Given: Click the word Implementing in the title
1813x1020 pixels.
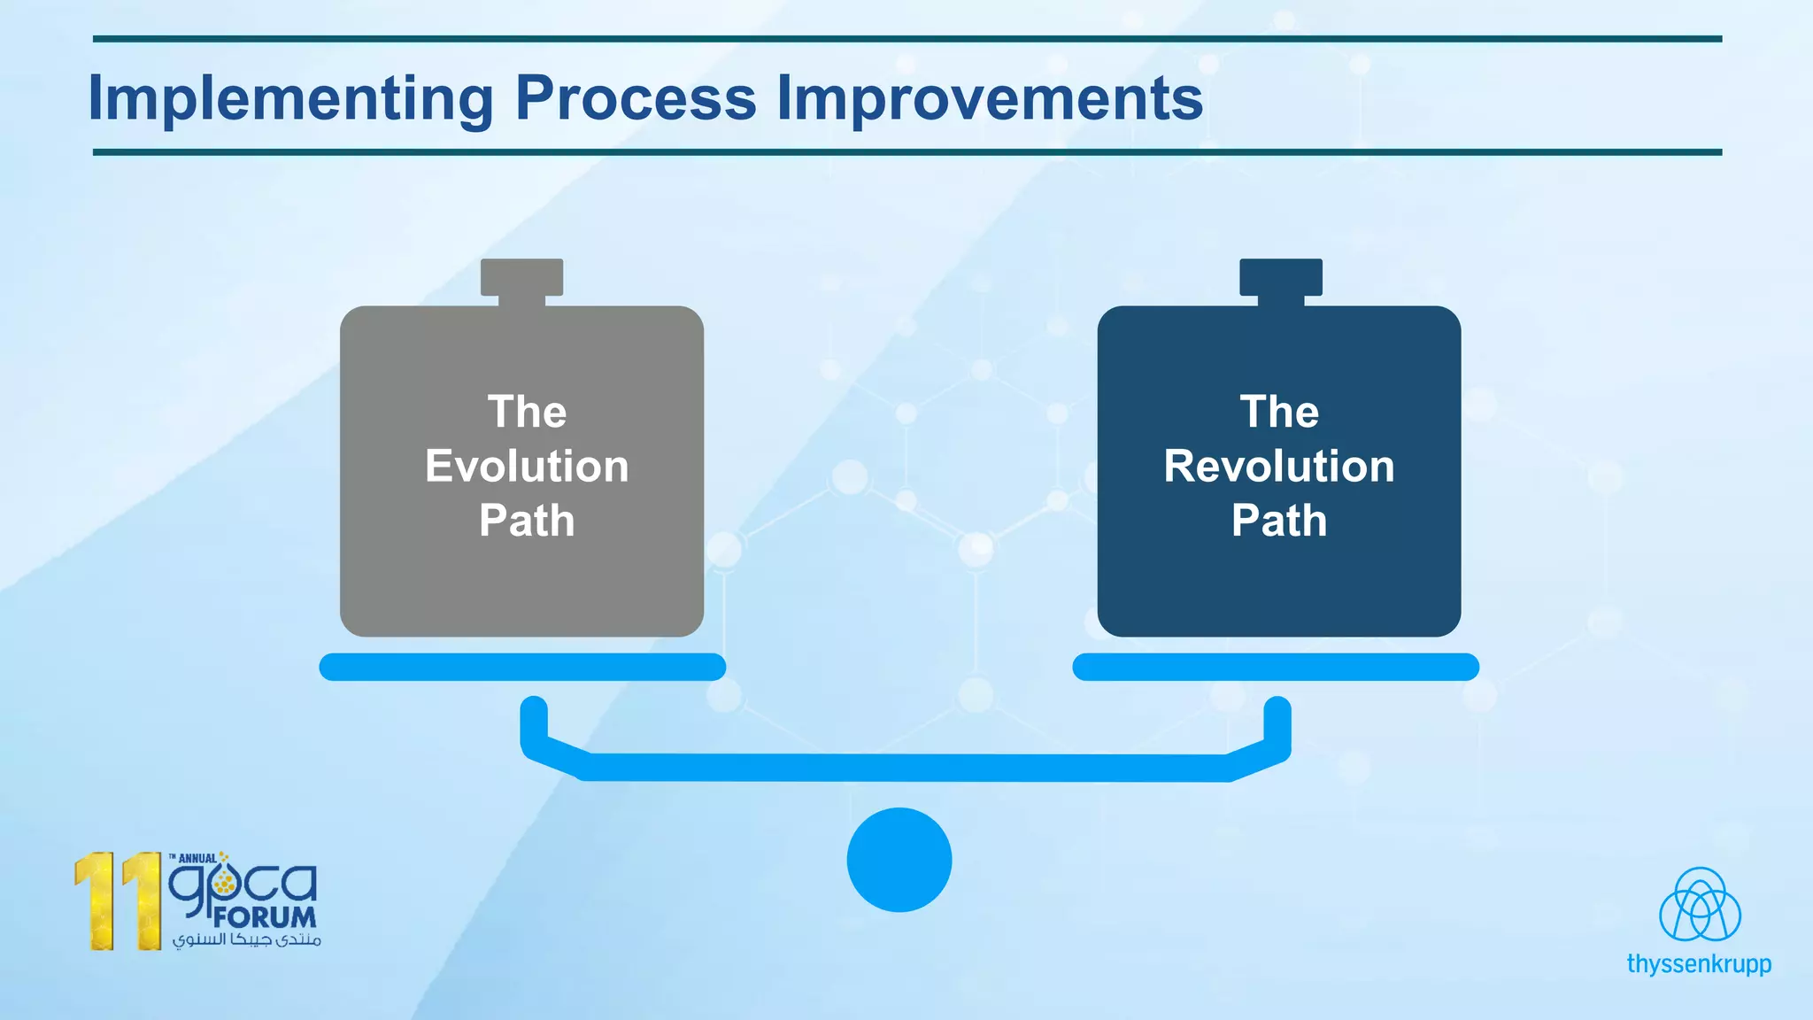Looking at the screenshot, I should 290,99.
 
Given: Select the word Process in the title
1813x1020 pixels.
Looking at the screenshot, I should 635,97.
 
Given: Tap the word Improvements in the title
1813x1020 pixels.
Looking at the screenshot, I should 989,99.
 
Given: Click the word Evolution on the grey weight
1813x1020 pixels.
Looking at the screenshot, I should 527,467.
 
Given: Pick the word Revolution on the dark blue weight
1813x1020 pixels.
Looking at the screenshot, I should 1278,467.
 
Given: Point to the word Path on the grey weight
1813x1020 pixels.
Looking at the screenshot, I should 527,521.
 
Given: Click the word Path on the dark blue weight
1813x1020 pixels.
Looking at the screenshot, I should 1278,521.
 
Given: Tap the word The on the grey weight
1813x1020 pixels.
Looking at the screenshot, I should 527,412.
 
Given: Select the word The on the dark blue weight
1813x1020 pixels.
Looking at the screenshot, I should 1278,412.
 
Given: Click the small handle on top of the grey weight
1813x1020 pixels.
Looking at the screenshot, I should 521,278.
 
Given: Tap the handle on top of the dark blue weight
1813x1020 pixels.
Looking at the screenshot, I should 1280,278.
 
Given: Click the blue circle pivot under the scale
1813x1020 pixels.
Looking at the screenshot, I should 899,860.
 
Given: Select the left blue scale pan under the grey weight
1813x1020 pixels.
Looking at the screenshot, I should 522,667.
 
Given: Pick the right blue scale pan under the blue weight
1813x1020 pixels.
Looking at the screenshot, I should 1275,667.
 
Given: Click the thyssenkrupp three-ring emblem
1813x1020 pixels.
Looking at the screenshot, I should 1699,905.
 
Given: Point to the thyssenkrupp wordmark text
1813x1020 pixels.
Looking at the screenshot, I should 1699,963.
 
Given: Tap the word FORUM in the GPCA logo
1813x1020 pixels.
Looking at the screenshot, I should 264,917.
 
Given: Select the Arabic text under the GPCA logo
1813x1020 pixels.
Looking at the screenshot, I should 246,939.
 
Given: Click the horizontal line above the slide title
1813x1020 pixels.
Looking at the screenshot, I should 906,39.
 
